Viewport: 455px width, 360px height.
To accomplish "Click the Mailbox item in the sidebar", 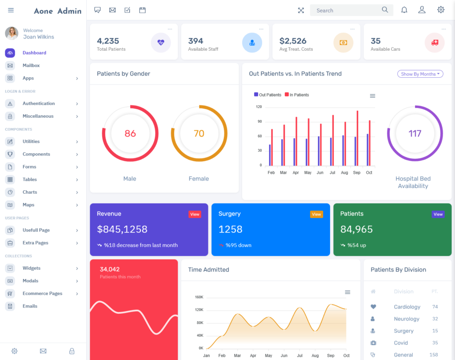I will [31, 65].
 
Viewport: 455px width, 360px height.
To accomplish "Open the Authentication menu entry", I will [39, 104].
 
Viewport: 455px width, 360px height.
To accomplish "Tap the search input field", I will [347, 10].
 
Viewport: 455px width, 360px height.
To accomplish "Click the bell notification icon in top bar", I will [404, 10].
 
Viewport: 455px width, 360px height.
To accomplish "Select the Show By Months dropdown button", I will [420, 74].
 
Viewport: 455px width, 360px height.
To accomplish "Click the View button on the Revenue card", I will [195, 214].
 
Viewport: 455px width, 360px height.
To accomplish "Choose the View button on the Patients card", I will [438, 214].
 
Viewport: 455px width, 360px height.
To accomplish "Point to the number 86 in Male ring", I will [130, 133].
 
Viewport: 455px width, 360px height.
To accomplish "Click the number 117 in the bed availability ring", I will [415, 133].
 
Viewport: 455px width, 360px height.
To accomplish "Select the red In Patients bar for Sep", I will [357, 138].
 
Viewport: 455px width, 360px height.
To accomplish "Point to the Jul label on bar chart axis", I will [332, 172].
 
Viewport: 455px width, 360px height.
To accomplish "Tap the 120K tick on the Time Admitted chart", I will [198, 310].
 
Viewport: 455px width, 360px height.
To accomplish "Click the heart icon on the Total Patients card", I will [161, 43].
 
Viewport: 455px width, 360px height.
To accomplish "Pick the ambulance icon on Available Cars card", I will [434, 43].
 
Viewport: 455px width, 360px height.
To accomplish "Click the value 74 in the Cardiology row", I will [435, 307].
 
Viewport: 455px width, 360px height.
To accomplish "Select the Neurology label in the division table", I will [406, 319].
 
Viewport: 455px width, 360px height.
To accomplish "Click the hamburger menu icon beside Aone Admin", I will [11, 10].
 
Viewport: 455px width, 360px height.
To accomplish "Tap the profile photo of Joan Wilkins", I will [12, 33].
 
